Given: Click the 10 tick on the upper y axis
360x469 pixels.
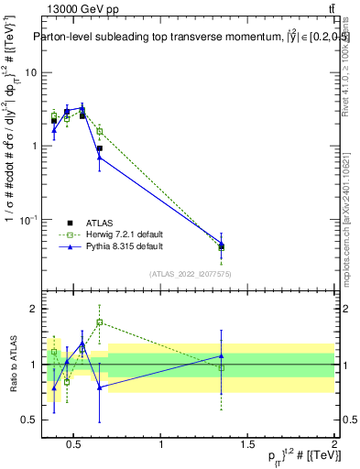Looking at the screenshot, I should tap(30, 72).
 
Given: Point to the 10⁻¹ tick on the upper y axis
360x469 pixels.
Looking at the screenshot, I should tap(27, 220).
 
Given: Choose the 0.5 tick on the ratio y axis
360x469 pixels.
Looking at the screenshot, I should tap(28, 420).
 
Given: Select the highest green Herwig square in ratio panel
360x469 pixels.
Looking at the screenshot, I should tap(99, 322).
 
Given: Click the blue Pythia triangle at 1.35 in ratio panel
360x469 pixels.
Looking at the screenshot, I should tap(221, 355).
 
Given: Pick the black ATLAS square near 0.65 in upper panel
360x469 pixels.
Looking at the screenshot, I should tap(99, 148).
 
